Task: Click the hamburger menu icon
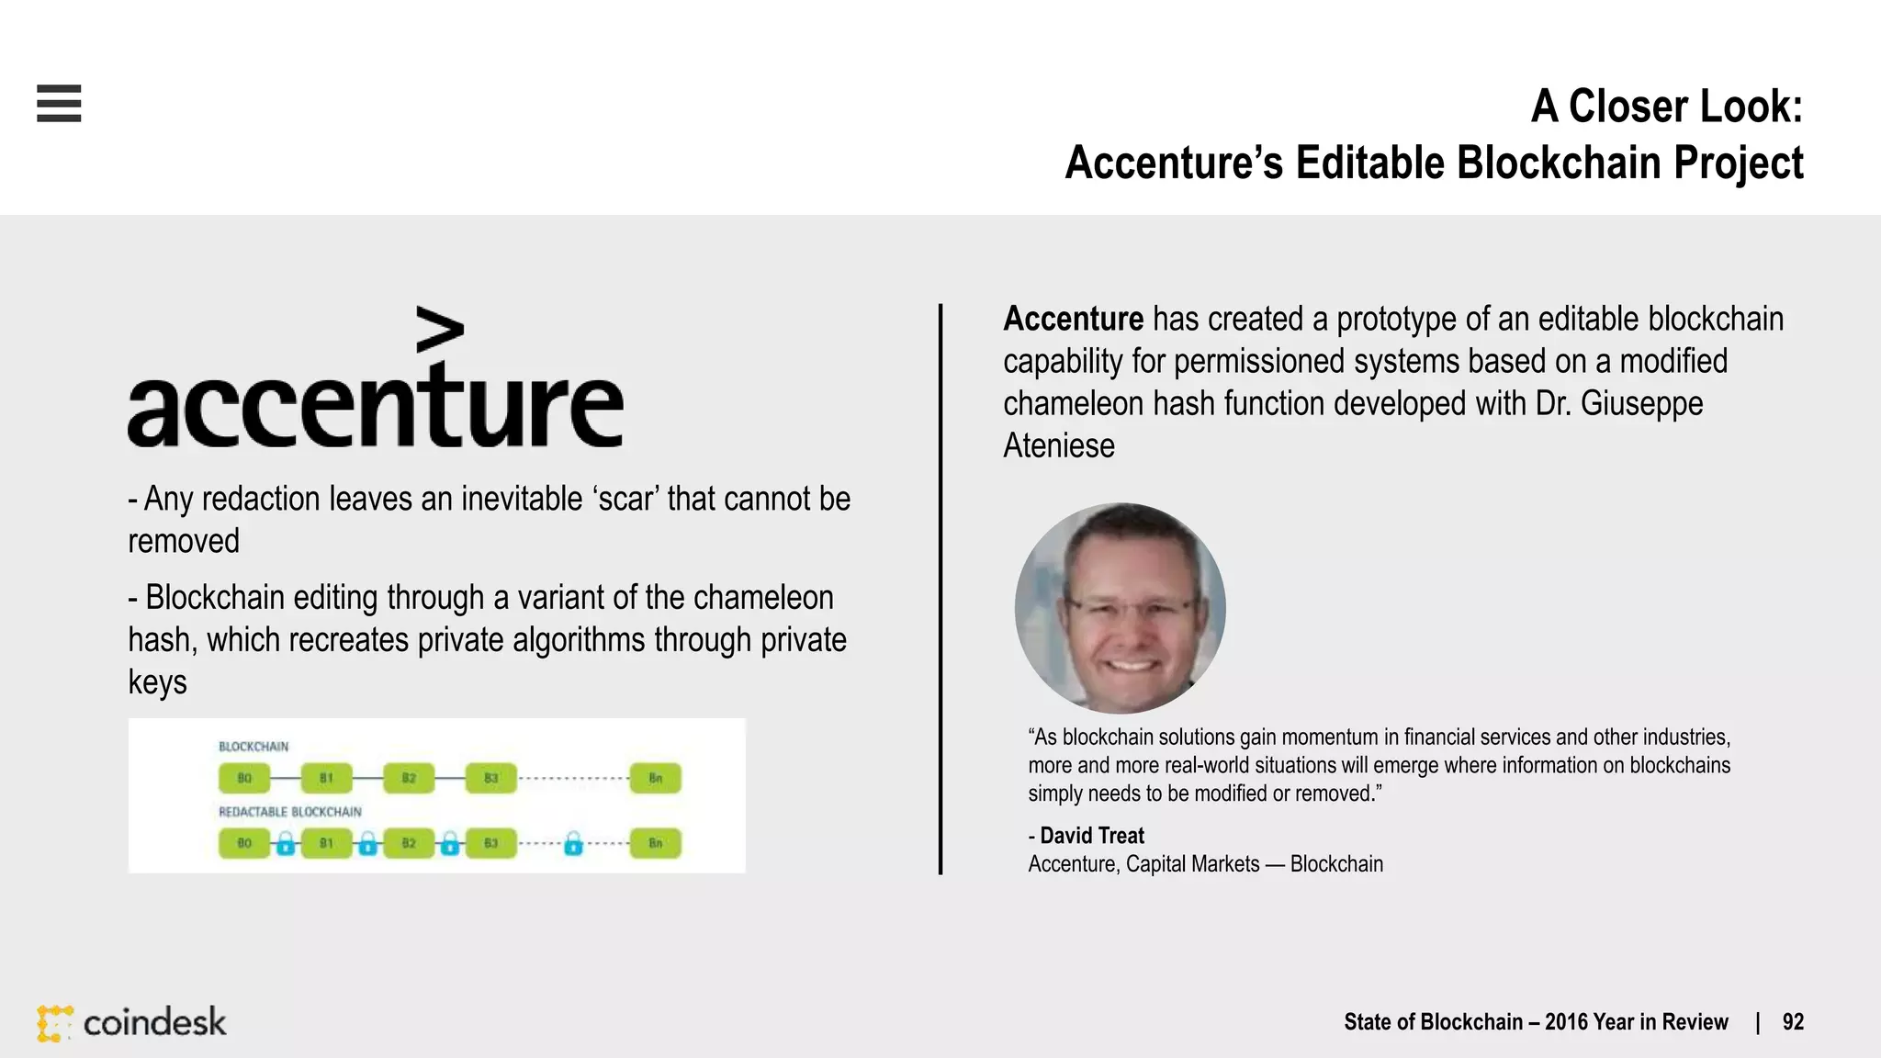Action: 59,103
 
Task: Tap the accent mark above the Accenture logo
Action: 440,330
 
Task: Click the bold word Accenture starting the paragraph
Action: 1073,320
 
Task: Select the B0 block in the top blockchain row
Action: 244,778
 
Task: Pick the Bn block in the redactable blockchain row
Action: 655,843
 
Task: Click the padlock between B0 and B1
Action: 286,843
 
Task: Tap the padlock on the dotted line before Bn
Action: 573,843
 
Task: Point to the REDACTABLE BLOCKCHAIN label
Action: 289,812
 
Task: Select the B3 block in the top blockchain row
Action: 491,778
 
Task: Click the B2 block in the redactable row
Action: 409,843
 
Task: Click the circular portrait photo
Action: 1120,608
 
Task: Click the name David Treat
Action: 1092,836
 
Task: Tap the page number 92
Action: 1793,1022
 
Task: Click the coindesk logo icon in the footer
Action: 54,1023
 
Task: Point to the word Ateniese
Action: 1058,446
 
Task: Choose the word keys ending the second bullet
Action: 157,682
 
